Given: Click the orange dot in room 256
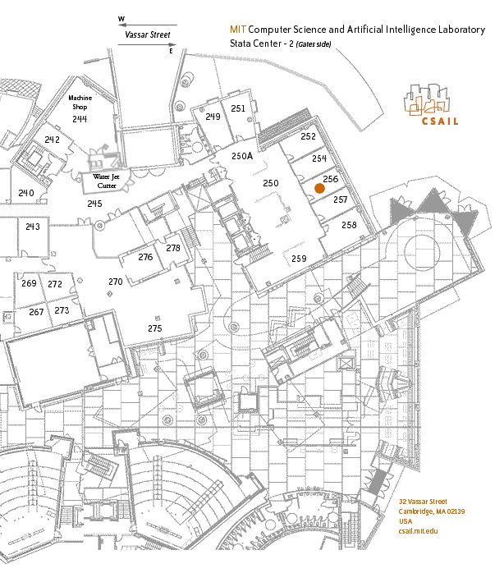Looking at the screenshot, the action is tap(319, 188).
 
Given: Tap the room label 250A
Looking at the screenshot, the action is tap(242, 156).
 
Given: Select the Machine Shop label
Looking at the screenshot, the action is tap(80, 103).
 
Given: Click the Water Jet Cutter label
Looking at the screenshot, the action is tap(106, 181).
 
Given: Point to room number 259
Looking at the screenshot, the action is tap(299, 259).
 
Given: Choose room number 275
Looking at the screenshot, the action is tap(155, 328).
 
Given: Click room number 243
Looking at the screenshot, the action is tap(33, 227).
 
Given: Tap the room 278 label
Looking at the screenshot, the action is tap(173, 248).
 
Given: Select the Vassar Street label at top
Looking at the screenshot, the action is tap(148, 34).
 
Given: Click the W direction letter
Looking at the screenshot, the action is tap(121, 19).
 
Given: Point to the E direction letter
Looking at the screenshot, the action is tap(171, 51).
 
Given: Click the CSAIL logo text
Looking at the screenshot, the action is tap(440, 121).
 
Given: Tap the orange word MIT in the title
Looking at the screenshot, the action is tap(238, 30).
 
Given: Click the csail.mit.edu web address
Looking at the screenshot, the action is tap(418, 531).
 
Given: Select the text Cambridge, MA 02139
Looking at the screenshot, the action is tap(432, 511).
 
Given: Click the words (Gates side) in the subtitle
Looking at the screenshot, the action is tap(314, 44).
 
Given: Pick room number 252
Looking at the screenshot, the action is tap(308, 136).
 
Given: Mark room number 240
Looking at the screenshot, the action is tap(26, 193).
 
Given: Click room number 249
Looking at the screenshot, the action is tap(213, 117).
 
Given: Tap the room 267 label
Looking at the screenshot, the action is tap(36, 312).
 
